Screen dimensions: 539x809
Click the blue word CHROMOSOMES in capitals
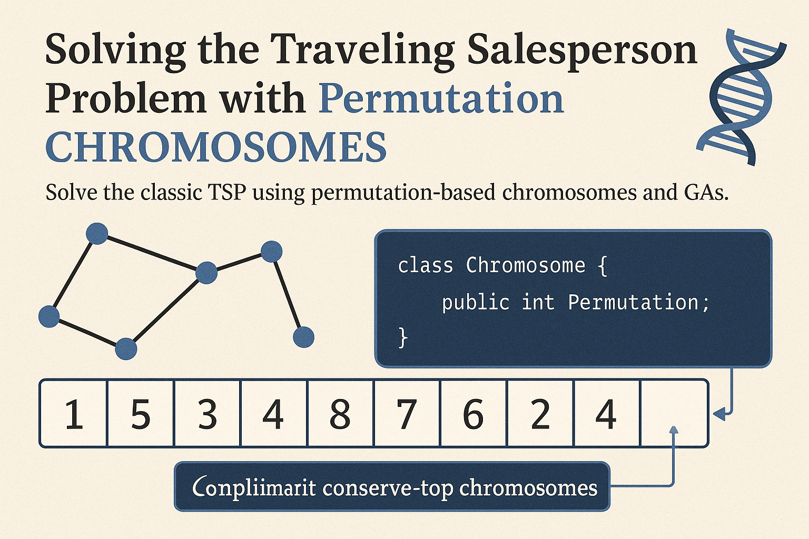pyautogui.click(x=216, y=147)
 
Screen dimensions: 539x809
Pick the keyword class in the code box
pyautogui.click(x=425, y=265)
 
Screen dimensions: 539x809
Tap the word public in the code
pyautogui.click(x=476, y=302)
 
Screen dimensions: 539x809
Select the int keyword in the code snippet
pyautogui.click(x=538, y=302)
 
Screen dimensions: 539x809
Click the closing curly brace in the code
pyautogui.click(x=403, y=337)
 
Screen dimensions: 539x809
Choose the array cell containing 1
pyautogui.click(x=74, y=414)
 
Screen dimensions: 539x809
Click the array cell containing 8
pyautogui.click(x=340, y=414)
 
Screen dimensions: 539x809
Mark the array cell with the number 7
pyautogui.click(x=407, y=414)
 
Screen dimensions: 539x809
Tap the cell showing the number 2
pyautogui.click(x=540, y=414)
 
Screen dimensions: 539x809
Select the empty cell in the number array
pyautogui.click(x=674, y=413)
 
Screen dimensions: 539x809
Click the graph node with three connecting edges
pyautogui.click(x=206, y=273)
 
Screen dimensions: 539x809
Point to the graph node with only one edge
pyautogui.click(x=303, y=337)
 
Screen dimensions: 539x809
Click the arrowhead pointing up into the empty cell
pyautogui.click(x=673, y=430)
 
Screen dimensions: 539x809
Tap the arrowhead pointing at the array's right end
pyautogui.click(x=719, y=414)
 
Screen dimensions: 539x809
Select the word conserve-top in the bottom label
pyautogui.click(x=388, y=488)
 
